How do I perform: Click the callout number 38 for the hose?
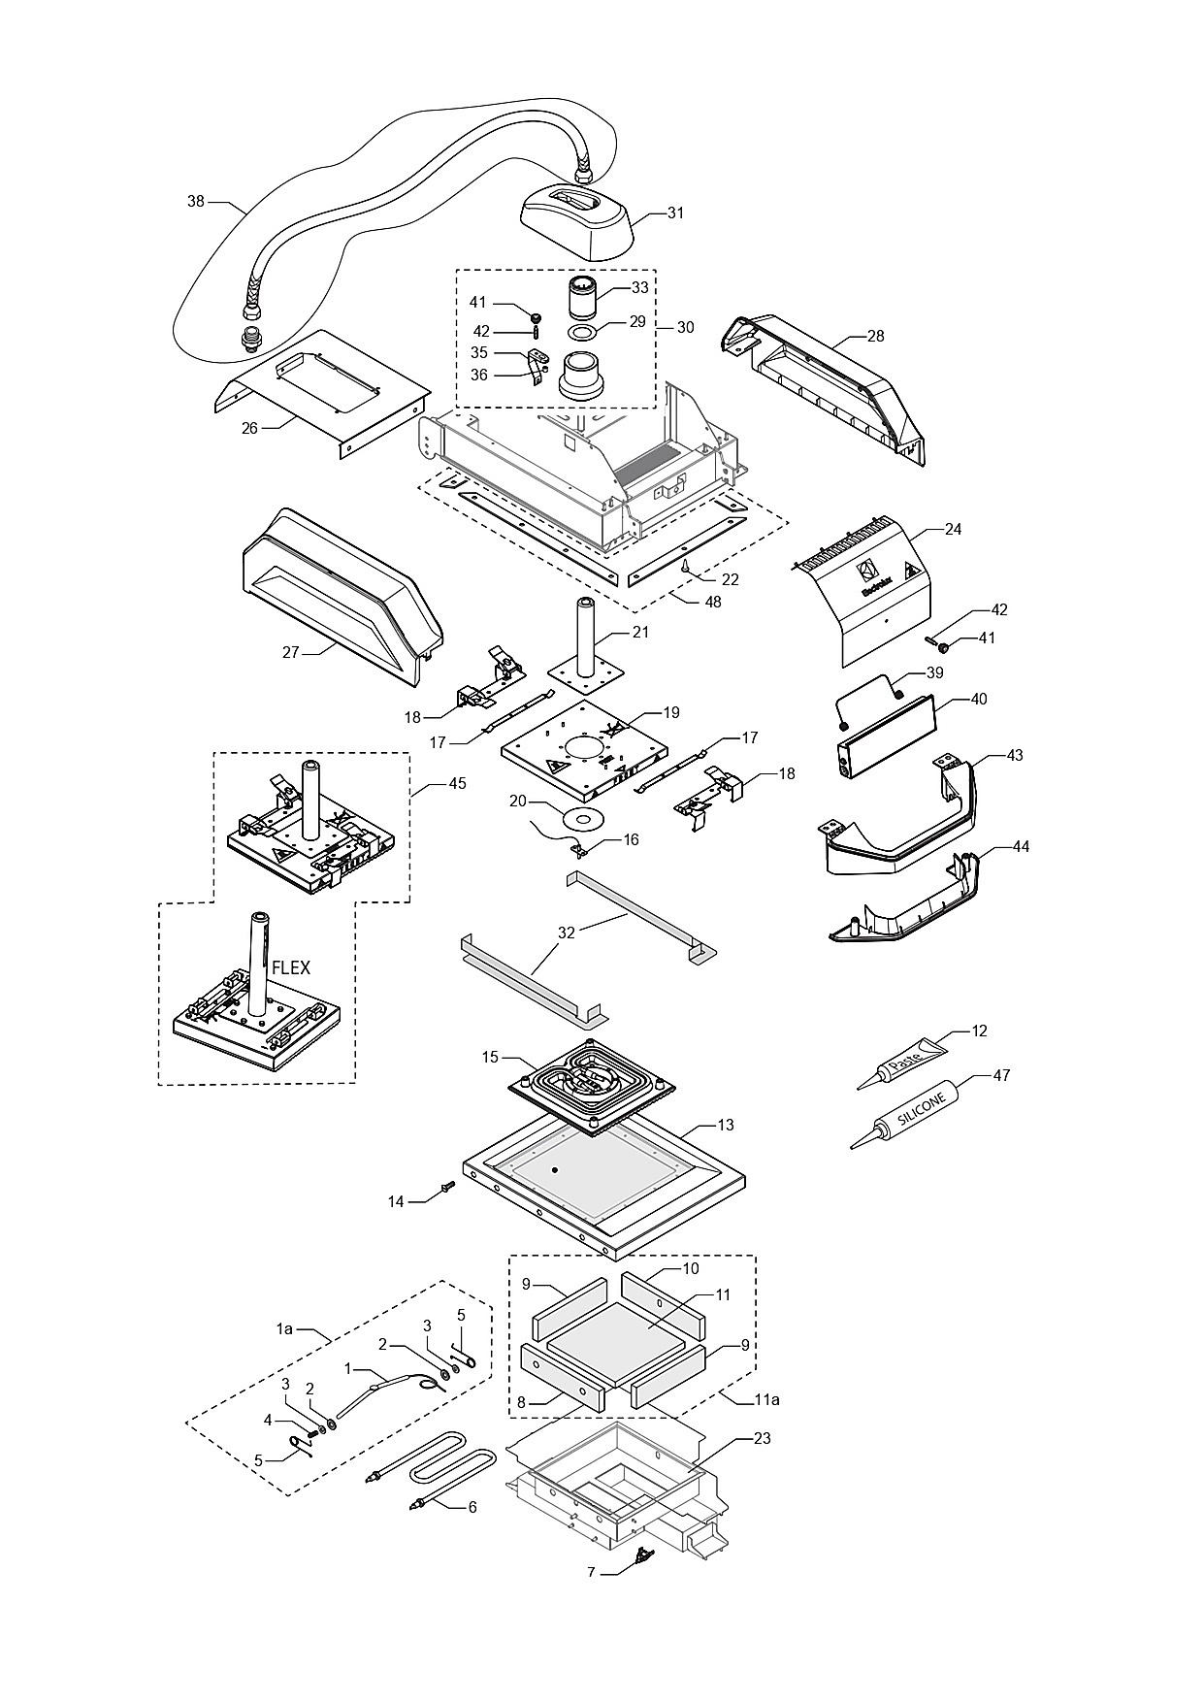196,202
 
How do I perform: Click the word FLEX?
291,967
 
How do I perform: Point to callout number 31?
675,213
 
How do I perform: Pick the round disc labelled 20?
583,818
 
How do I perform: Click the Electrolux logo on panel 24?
872,575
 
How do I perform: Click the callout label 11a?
766,1400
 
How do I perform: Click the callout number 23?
762,1438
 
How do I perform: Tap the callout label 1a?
284,1328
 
